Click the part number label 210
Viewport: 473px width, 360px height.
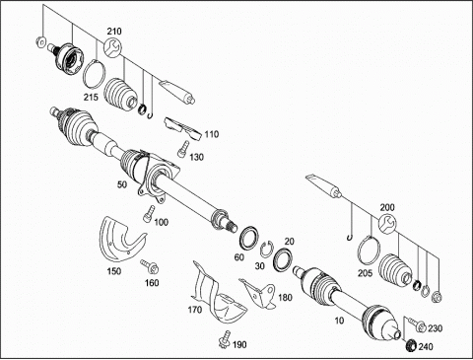(x=114, y=32)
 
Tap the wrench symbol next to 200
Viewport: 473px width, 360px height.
(x=387, y=224)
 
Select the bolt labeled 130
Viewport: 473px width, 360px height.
(x=183, y=149)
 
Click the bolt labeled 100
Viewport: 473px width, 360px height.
(x=149, y=213)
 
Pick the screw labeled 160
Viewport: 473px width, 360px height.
(x=150, y=266)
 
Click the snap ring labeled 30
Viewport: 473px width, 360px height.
(x=266, y=250)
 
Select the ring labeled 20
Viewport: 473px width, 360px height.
(x=283, y=259)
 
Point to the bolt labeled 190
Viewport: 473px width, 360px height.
(x=225, y=339)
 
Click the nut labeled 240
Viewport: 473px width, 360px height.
(x=411, y=345)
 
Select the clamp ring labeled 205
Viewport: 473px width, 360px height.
(x=369, y=250)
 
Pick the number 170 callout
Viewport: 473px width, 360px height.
(x=195, y=310)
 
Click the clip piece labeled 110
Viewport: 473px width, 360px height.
(x=182, y=128)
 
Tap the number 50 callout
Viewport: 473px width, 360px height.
(x=122, y=184)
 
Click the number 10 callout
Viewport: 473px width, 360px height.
(x=339, y=321)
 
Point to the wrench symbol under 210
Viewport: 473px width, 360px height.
(x=112, y=47)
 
